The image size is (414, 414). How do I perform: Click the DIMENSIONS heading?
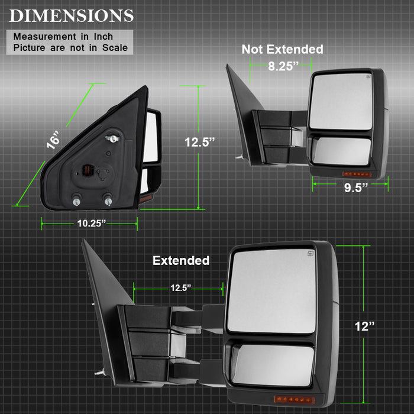click(x=72, y=16)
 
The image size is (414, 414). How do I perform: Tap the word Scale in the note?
click(x=115, y=48)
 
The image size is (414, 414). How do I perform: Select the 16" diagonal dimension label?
click(x=53, y=140)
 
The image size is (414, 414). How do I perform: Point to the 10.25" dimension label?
click(x=91, y=224)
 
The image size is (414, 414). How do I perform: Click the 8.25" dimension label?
click(x=283, y=66)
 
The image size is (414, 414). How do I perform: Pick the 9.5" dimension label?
click(x=356, y=187)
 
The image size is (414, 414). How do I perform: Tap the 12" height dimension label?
click(x=364, y=326)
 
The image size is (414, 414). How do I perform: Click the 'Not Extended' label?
click(x=282, y=49)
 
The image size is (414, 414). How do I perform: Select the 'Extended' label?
click(x=181, y=261)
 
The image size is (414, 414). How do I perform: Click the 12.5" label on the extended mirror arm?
click(x=180, y=288)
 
